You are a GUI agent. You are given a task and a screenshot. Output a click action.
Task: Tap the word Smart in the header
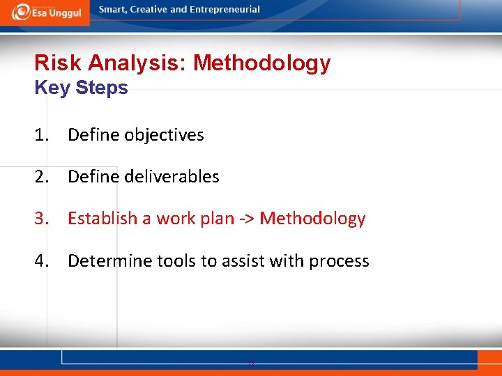click(113, 10)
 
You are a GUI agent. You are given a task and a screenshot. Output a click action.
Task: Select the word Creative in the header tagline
click(149, 10)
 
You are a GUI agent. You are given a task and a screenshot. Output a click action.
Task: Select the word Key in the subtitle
click(50, 88)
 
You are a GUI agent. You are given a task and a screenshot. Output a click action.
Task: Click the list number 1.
click(42, 135)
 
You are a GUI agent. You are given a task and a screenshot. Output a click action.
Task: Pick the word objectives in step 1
click(164, 135)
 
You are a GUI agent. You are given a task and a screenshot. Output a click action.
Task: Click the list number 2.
click(42, 177)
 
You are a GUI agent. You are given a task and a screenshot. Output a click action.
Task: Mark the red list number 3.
click(42, 219)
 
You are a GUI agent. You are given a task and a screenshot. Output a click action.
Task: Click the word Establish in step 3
click(102, 219)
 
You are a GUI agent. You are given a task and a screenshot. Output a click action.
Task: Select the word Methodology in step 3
click(312, 219)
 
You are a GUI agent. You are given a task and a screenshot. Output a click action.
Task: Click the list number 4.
click(42, 261)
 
